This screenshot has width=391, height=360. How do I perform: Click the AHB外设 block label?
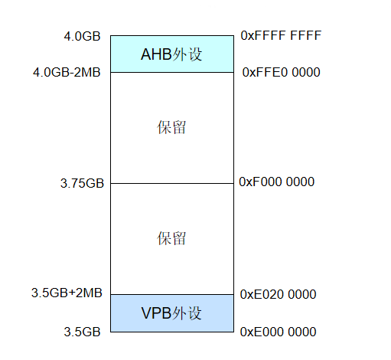(x=171, y=54)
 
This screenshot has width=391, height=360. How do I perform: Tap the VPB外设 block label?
(x=171, y=313)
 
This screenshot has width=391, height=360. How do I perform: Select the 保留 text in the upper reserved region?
(x=171, y=127)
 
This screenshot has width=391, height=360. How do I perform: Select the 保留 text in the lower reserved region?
(x=171, y=238)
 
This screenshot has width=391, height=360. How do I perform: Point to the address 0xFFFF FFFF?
(x=281, y=35)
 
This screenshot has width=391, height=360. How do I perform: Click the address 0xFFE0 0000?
(x=281, y=72)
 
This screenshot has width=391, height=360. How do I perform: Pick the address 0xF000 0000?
(x=277, y=182)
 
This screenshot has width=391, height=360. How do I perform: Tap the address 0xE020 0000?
(x=278, y=294)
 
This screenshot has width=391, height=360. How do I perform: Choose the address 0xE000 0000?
(x=278, y=332)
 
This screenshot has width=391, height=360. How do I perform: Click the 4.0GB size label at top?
(x=83, y=36)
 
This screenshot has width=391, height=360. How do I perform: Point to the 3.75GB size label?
(x=82, y=183)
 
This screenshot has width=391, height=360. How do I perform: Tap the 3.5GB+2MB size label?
(x=67, y=293)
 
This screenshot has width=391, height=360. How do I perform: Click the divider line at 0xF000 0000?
(x=171, y=183)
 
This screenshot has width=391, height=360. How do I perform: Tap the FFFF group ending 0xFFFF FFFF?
(x=304, y=35)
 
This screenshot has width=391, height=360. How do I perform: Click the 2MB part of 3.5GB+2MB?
(x=89, y=293)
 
